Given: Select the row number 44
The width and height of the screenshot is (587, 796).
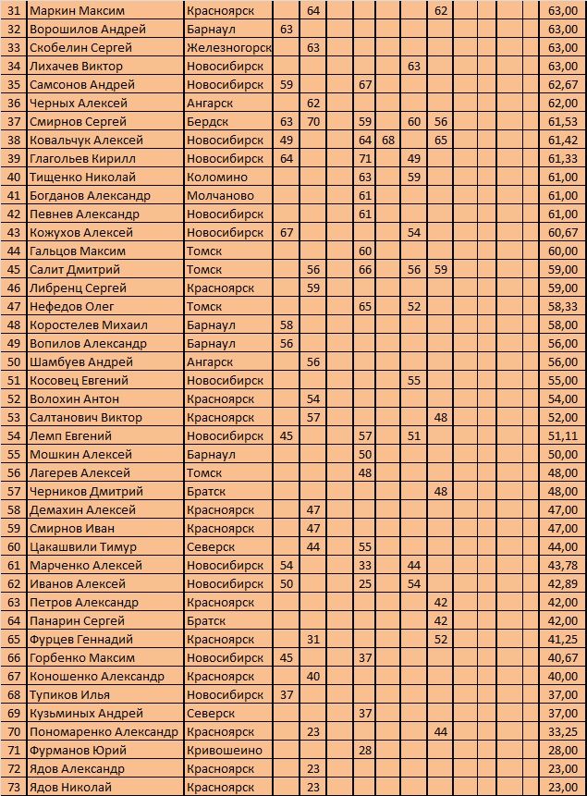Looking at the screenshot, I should (13, 251).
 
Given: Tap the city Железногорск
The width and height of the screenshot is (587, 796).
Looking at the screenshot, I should (228, 47).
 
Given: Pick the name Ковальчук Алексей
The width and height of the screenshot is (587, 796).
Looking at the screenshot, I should (86, 140).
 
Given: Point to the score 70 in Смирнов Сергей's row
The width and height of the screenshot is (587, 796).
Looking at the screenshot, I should (312, 121).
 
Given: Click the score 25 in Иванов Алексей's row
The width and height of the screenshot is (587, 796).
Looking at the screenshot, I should (365, 583).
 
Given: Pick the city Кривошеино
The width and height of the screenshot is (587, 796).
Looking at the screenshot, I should (224, 750).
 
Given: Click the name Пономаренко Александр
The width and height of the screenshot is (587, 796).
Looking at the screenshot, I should (104, 731).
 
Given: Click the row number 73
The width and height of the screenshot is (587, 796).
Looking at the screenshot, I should (13, 787).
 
